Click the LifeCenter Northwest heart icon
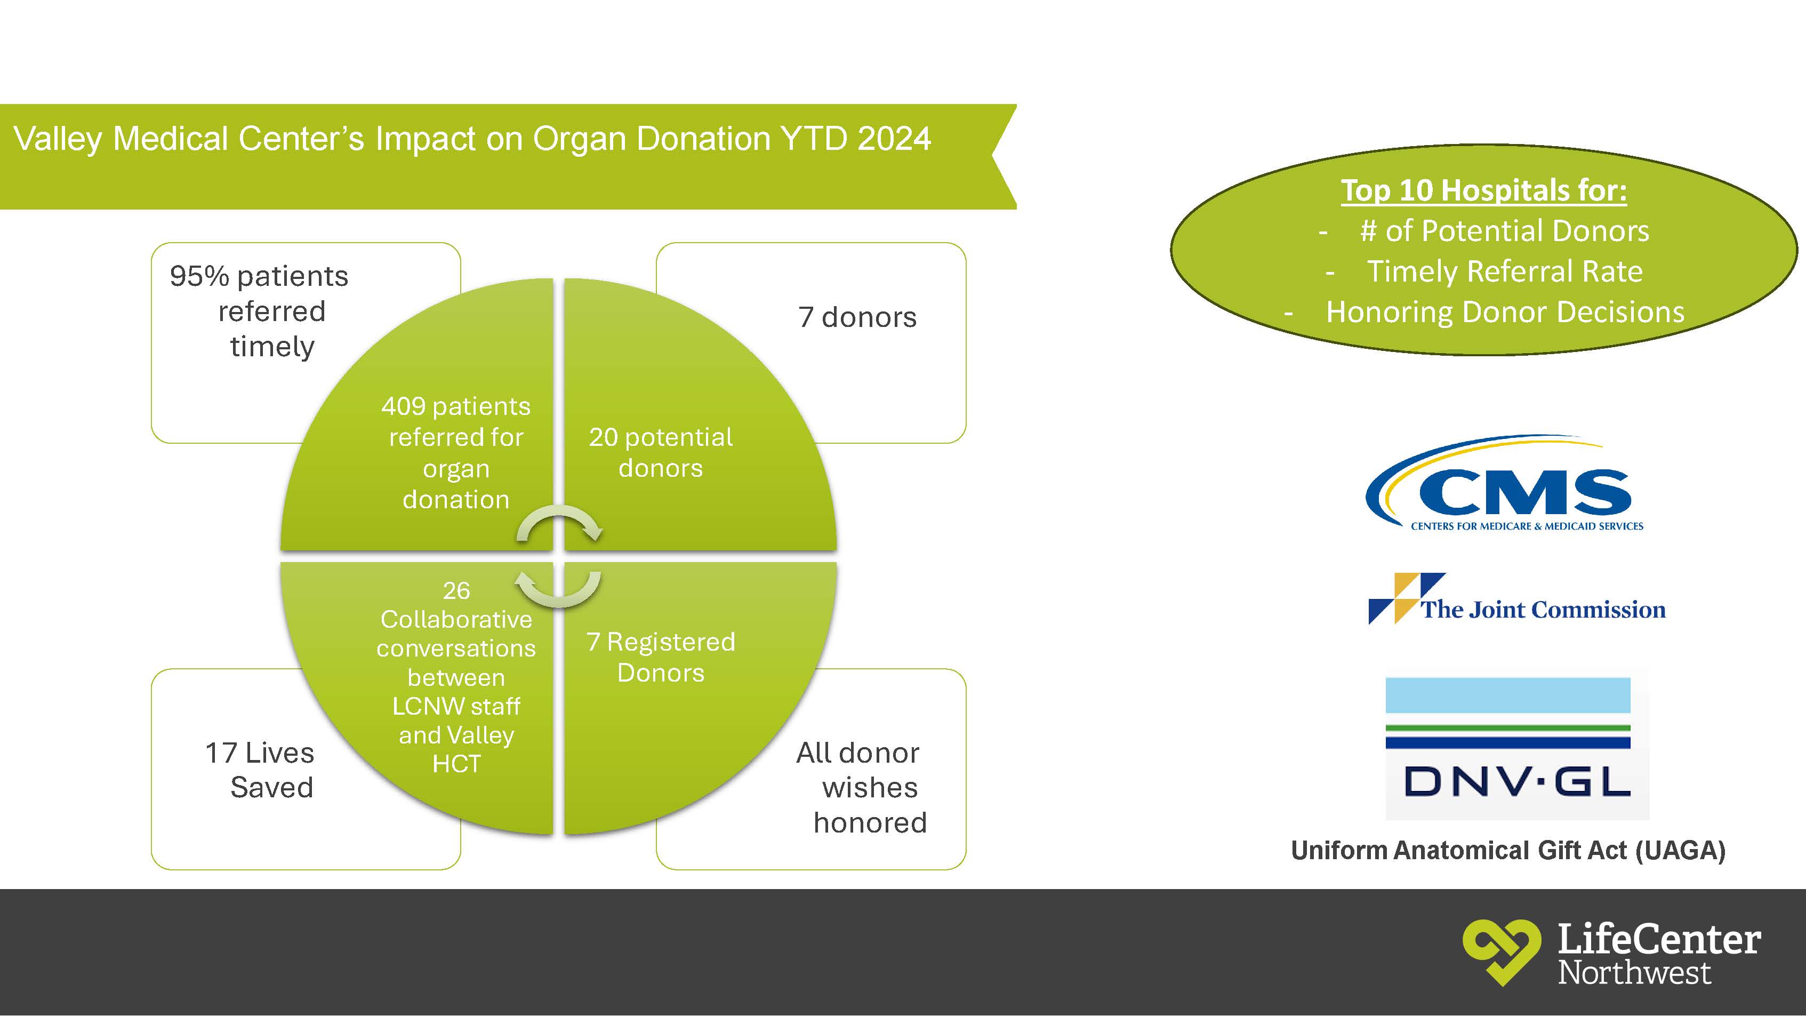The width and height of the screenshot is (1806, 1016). click(x=1500, y=951)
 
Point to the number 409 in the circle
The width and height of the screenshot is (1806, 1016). click(x=403, y=406)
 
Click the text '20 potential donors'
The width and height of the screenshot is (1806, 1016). click(x=661, y=452)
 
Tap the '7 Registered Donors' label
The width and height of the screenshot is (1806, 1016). click(x=661, y=657)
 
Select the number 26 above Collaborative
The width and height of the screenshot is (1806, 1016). click(x=456, y=590)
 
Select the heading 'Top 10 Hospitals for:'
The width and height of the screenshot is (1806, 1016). click(x=1483, y=190)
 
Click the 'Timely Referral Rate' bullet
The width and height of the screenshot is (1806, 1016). click(x=1505, y=271)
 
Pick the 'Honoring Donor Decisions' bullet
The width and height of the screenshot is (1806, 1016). click(x=1505, y=312)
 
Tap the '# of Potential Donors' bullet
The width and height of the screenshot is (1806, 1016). click(x=1505, y=231)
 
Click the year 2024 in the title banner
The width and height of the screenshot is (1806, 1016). click(x=894, y=138)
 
